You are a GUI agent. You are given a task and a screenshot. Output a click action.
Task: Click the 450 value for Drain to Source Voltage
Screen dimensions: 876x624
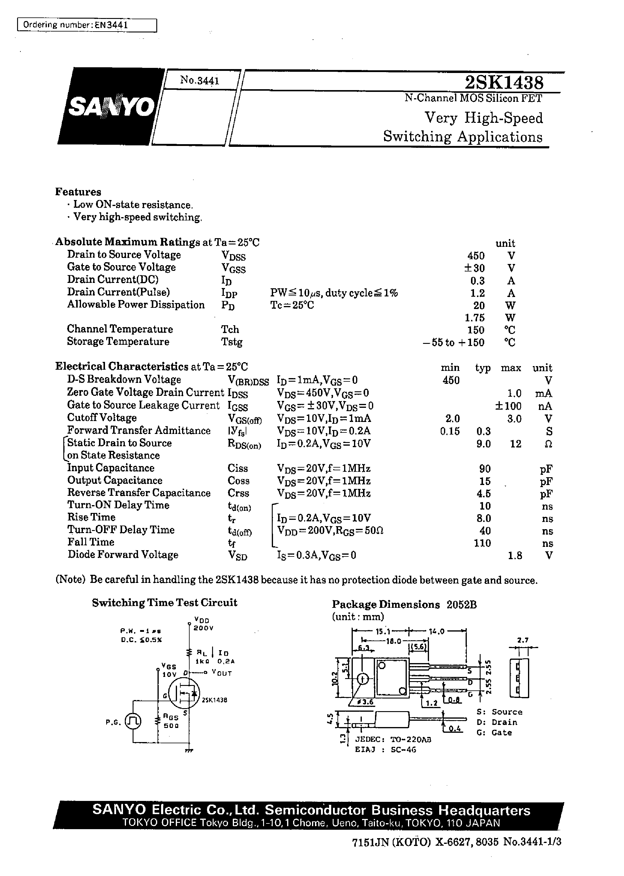tap(476, 256)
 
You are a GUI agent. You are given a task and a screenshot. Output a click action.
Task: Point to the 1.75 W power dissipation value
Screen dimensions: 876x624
tap(475, 318)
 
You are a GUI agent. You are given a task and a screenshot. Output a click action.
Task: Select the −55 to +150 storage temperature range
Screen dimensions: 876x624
tap(453, 342)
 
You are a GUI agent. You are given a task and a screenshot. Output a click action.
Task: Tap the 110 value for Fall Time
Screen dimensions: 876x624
tap(483, 543)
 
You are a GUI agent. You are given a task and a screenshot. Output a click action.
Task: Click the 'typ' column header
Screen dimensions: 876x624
tap(483, 368)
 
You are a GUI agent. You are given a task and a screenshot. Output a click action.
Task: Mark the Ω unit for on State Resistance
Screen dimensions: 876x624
tap(549, 444)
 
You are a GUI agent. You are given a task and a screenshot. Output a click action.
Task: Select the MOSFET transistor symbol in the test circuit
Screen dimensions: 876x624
tap(184, 693)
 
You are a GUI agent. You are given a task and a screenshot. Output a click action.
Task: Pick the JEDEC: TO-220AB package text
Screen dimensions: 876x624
tap(393, 739)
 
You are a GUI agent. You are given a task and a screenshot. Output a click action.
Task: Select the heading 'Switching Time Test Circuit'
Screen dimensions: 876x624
tap(164, 603)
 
